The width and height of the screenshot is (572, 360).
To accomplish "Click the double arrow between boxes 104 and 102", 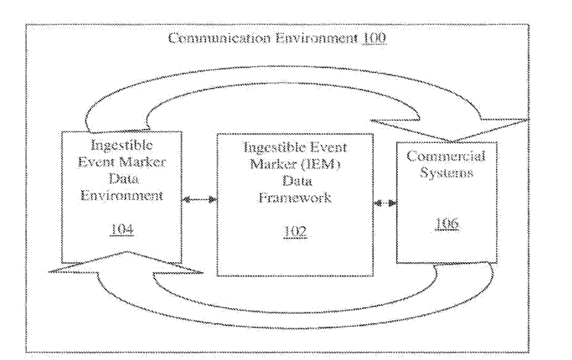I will coord(199,201).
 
